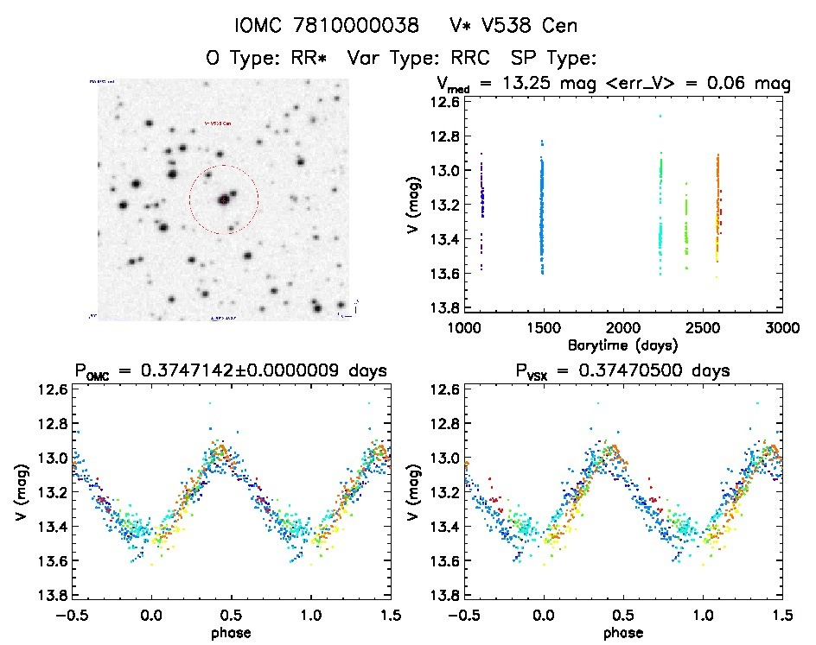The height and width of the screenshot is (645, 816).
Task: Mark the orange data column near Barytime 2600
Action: click(717, 207)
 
